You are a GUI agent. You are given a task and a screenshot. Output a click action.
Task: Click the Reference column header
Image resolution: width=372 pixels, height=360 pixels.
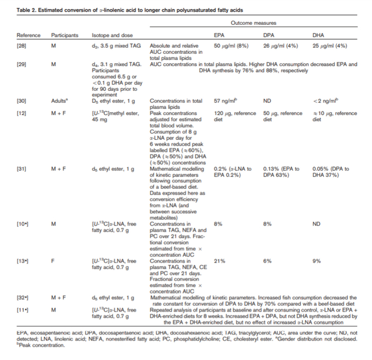pyautogui.click(x=28, y=35)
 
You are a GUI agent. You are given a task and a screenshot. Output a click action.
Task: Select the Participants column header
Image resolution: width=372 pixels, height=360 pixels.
pyautogui.click(x=64, y=35)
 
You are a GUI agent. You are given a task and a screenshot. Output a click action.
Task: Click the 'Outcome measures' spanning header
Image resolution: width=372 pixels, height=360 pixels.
pyautogui.click(x=253, y=23)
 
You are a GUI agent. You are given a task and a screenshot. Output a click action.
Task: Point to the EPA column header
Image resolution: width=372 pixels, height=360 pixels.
pyautogui.click(x=218, y=35)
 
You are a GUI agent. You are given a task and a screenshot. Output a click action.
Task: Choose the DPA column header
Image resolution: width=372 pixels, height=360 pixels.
pyautogui.click(x=268, y=35)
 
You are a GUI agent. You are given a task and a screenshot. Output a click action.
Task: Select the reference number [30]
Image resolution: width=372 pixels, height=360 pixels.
pyautogui.click(x=22, y=100)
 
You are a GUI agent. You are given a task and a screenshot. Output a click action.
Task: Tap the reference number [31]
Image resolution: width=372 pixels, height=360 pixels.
pyautogui.click(x=22, y=169)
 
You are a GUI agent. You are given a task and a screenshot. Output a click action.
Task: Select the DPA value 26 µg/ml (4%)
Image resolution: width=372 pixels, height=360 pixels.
pyautogui.click(x=281, y=46)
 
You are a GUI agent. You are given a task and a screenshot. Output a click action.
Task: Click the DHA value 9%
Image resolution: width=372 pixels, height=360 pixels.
pyautogui.click(x=316, y=261)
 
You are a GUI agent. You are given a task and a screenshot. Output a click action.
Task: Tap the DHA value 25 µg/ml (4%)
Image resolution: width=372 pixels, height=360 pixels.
pyautogui.click(x=329, y=46)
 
